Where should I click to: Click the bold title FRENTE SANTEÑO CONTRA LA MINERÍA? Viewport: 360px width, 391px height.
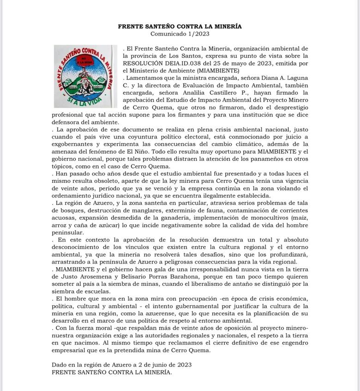pyautogui.click(x=180, y=27)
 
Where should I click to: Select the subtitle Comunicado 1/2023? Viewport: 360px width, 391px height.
pyautogui.click(x=180, y=34)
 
